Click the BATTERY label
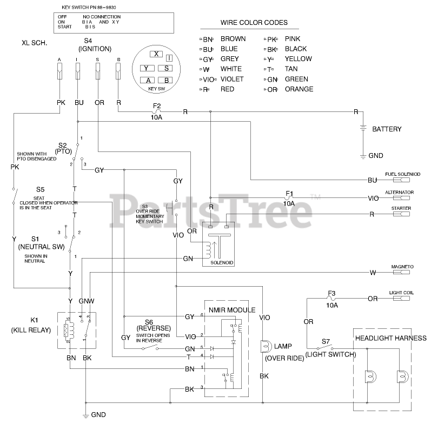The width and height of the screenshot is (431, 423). tap(387, 129)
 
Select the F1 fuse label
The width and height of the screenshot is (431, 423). tap(289, 193)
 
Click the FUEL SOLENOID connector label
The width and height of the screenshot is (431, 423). tap(402, 174)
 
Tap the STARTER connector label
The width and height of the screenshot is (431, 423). tap(401, 208)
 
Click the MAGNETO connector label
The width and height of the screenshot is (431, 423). tap(401, 267)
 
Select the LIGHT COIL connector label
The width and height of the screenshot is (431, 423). tap(401, 293)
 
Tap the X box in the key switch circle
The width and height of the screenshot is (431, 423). tap(156, 54)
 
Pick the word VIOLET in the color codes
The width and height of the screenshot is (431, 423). tap(232, 79)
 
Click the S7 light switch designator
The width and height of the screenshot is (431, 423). tap(326, 341)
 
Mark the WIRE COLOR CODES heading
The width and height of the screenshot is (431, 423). tap(254, 23)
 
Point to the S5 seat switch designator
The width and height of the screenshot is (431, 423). tap(41, 190)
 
